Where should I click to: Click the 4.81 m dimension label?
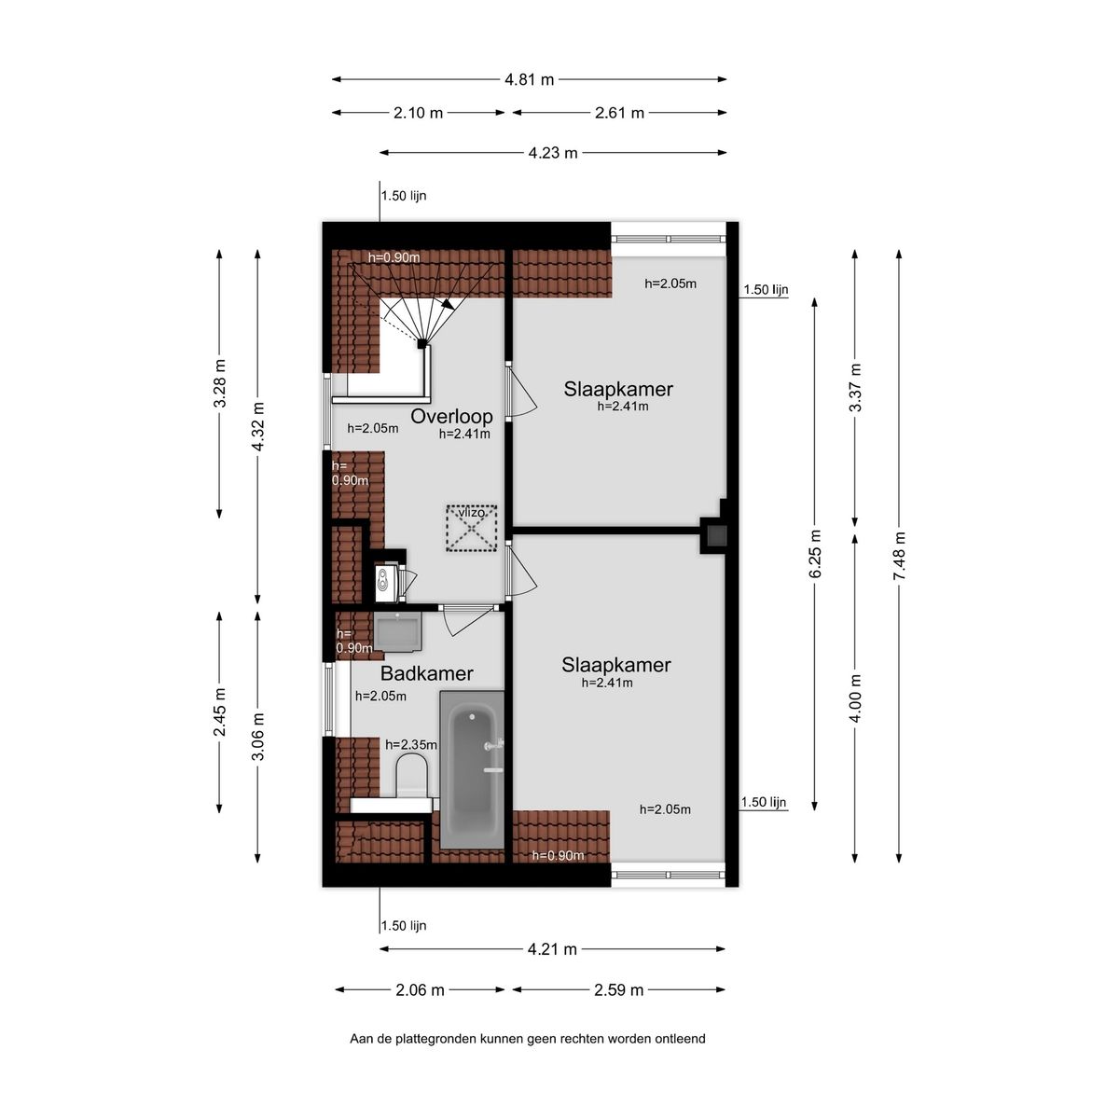point(529,80)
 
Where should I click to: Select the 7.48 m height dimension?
point(899,556)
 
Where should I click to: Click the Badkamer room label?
point(426,673)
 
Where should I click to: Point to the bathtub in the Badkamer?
point(472,769)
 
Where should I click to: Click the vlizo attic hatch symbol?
point(472,529)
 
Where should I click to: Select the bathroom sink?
point(398,631)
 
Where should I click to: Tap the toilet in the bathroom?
point(410,779)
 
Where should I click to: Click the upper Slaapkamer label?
point(617,389)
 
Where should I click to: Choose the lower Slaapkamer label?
point(615,665)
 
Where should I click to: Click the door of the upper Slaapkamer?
point(521,391)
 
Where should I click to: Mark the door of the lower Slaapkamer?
point(521,571)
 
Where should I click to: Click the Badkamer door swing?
point(464,619)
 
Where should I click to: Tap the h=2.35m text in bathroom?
point(411,744)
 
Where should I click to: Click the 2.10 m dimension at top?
point(418,113)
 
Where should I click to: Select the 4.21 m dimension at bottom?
point(552,949)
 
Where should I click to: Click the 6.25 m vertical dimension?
point(816,554)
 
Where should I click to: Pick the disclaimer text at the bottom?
point(527,1038)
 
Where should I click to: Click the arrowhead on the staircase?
point(449,303)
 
